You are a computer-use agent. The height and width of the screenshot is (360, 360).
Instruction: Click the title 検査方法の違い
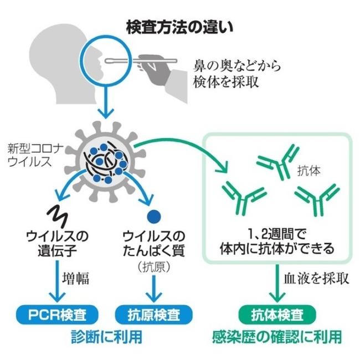(179, 27)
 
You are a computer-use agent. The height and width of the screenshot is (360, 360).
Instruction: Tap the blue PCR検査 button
(57, 315)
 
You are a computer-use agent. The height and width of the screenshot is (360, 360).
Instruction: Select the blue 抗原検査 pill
(153, 315)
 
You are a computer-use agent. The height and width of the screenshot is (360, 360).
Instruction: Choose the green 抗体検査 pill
(277, 315)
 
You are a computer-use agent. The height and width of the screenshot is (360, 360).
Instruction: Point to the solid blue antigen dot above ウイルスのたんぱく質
(154, 216)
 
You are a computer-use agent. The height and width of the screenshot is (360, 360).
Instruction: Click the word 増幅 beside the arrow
(75, 279)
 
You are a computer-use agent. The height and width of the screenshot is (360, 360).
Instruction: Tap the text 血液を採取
(316, 279)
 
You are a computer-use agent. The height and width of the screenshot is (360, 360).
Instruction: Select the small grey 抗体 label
(308, 171)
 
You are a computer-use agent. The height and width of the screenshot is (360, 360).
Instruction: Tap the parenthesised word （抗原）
(154, 267)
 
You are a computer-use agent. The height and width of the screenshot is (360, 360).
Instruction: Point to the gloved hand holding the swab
(156, 69)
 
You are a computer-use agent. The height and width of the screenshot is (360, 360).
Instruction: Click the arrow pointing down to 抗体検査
(277, 284)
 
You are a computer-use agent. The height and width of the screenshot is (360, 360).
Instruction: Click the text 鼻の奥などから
(237, 66)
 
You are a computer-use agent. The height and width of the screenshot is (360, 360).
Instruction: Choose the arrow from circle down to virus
(106, 101)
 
